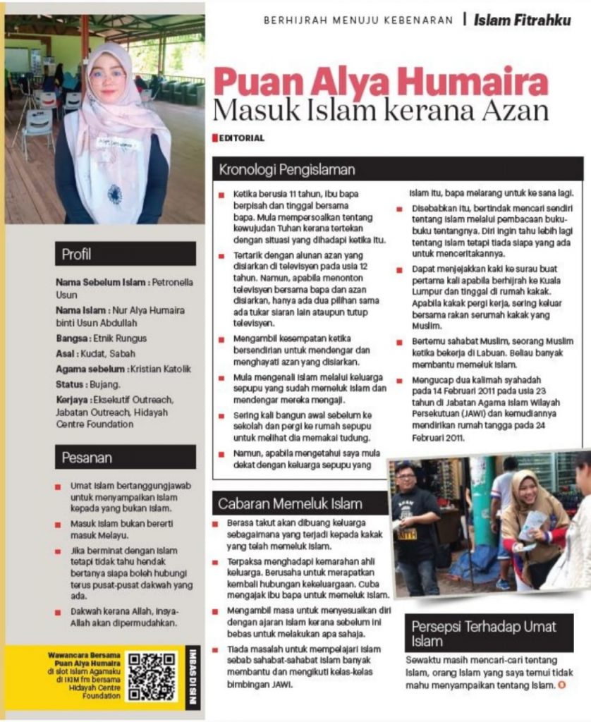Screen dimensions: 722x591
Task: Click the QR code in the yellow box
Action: [152, 676]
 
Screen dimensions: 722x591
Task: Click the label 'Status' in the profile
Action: [69, 384]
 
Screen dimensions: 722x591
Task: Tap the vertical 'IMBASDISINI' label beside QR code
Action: [195, 676]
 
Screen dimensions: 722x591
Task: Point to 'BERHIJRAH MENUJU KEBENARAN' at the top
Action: [358, 20]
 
